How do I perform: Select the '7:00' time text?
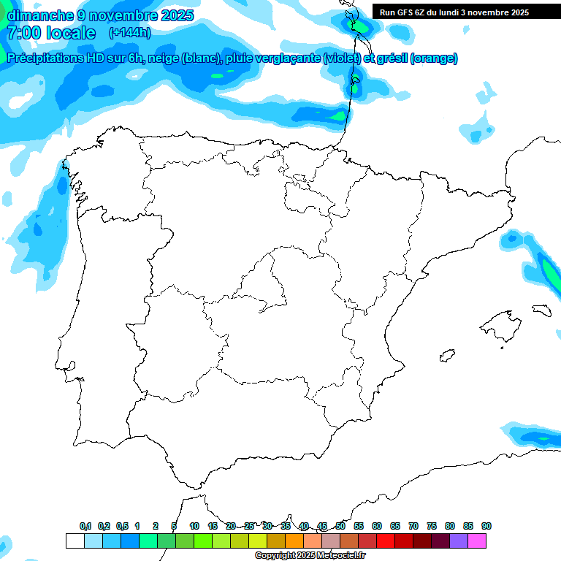pyautogui.click(x=23, y=33)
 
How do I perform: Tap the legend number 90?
pyautogui.click(x=486, y=526)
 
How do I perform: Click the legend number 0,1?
pyautogui.click(x=85, y=526)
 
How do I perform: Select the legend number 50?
pyautogui.click(x=340, y=526)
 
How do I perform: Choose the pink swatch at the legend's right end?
pyautogui.click(x=477, y=541)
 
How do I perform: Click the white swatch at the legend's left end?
pyautogui.click(x=75, y=541)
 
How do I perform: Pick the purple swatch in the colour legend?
pyautogui.click(x=459, y=541)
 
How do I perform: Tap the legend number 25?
pyautogui.click(x=249, y=526)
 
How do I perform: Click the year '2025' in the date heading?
pyautogui.click(x=176, y=15)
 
